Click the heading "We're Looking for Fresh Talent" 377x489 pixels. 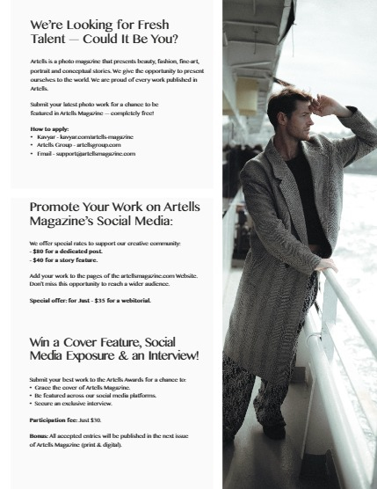click(104, 33)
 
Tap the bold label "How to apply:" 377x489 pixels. click(48, 128)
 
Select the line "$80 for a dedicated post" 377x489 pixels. click(65, 252)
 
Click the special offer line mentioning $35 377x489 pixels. click(90, 300)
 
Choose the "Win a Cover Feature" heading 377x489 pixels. click(114, 347)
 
